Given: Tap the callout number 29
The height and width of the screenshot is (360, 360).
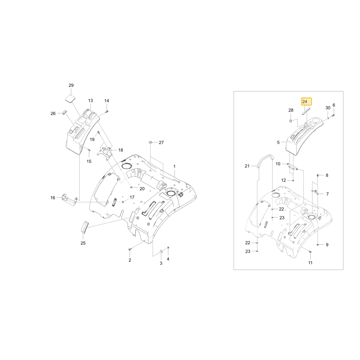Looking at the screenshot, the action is click(71, 85).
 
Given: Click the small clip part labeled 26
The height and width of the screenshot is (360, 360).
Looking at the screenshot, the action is click(64, 112).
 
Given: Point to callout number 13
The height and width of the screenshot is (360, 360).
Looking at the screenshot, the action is click(90, 100).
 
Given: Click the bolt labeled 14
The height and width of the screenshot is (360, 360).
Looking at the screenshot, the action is click(107, 112).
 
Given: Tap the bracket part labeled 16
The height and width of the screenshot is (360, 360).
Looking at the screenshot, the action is click(69, 199).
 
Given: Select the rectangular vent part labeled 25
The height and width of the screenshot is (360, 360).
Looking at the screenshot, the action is click(85, 227).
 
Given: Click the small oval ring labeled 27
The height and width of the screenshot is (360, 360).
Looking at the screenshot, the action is click(150, 142).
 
